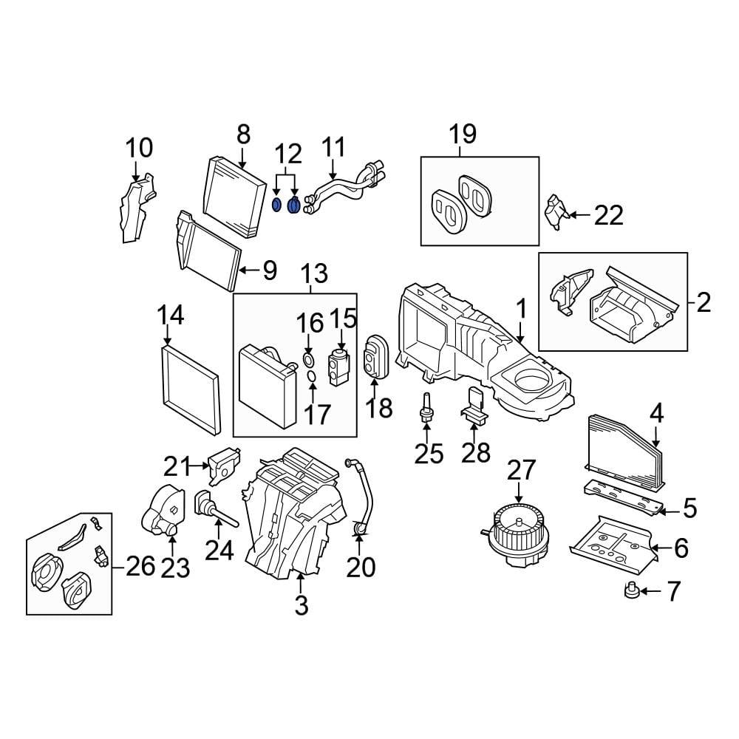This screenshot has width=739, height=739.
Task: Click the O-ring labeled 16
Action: (x=308, y=361)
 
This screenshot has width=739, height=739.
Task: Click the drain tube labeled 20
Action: (x=361, y=495)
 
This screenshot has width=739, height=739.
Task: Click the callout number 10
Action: (x=138, y=148)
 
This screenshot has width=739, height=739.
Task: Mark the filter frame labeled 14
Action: (x=190, y=389)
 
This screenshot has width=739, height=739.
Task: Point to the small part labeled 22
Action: (x=556, y=214)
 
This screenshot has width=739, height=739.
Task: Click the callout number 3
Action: (x=301, y=605)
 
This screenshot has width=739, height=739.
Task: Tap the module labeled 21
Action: (x=225, y=465)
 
